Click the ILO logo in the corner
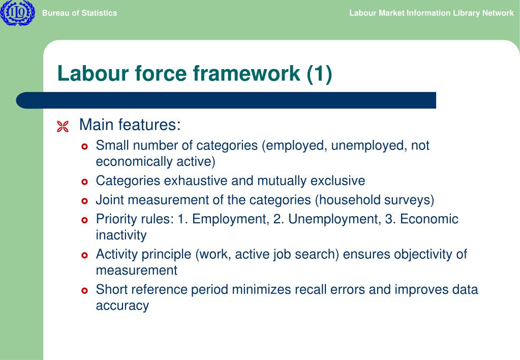coord(17,13)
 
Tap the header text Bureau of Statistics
coord(79,13)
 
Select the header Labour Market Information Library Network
coord(431,13)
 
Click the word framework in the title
coord(247,74)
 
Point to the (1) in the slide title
coord(319,74)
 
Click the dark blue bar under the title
coord(226,100)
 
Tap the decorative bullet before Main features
coord(63,127)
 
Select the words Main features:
coord(130,125)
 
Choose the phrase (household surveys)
coord(374,200)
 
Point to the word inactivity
coord(121,235)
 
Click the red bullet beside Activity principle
coord(85,255)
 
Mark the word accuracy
coord(123,306)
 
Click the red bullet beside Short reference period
coord(85,291)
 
